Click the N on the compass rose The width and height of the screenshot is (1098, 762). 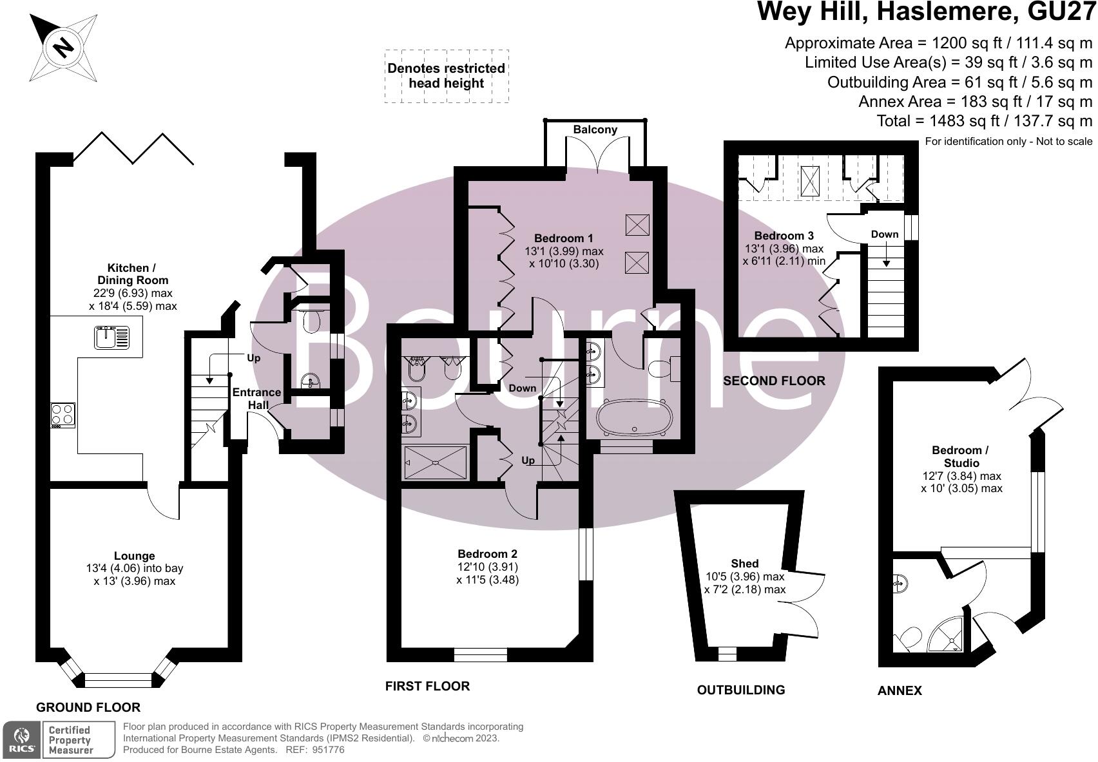(63, 48)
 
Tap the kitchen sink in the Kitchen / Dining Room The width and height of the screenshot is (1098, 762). (111, 338)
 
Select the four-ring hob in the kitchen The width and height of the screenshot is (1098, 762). (63, 415)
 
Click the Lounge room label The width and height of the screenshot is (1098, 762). (134, 556)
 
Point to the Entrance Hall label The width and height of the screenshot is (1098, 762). (256, 399)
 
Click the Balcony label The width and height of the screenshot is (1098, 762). (595, 129)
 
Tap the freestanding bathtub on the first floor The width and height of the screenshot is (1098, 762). (634, 417)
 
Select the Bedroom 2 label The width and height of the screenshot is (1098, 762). (487, 554)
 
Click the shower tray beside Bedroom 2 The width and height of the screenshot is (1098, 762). (436, 462)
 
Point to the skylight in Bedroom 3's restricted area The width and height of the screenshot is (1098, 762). (809, 181)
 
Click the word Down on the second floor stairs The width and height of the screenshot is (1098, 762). (884, 234)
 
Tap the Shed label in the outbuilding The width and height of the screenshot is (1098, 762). (745, 564)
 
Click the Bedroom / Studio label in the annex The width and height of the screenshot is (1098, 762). (961, 456)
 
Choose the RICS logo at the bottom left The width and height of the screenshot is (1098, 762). (21, 739)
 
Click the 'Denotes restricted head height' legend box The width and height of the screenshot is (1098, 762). (446, 76)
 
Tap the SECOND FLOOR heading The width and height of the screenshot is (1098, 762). (774, 381)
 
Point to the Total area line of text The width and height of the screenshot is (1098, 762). (985, 120)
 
